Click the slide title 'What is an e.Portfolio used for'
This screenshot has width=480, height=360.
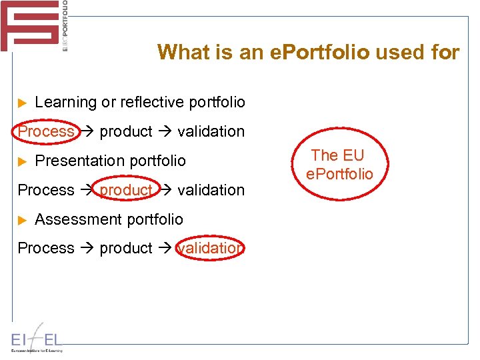pos(308,52)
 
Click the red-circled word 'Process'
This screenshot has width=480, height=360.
pos(46,131)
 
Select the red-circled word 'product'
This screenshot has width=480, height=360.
pos(126,190)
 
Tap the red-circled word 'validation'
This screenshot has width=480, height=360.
pos(210,248)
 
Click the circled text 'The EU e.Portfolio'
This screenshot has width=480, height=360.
pos(339,165)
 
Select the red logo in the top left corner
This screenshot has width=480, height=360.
pos(30,25)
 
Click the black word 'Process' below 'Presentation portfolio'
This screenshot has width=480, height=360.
pos(46,190)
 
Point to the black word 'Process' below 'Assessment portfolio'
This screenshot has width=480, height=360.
pos(46,248)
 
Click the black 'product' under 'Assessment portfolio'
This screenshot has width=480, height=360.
pos(126,248)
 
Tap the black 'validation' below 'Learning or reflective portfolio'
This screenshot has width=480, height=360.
pos(211,131)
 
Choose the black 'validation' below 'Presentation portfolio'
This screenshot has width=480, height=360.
pos(211,190)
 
